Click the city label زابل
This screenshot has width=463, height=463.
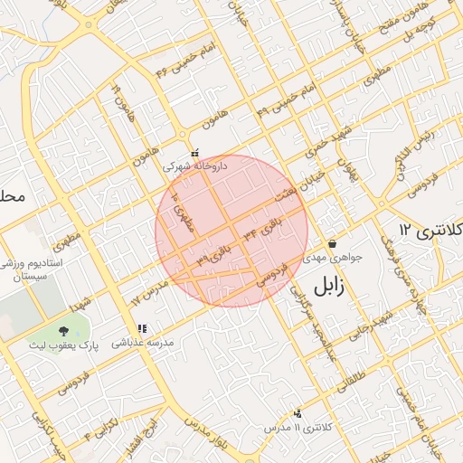tap(334, 287)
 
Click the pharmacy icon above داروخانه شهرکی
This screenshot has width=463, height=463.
tap(195, 153)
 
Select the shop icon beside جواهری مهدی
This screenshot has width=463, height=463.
tap(333, 243)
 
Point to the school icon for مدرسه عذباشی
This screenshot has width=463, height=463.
tap(141, 328)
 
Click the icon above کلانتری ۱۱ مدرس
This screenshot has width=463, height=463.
tap(298, 412)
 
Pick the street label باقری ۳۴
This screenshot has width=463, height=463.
tap(262, 226)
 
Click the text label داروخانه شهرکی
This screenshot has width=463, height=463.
tap(195, 167)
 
